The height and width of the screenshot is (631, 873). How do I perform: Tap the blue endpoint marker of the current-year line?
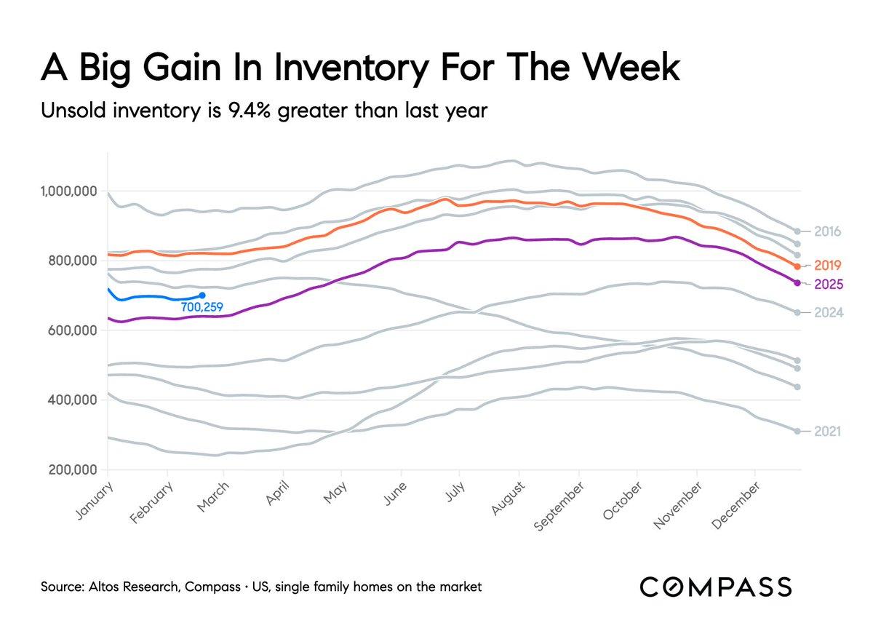202,295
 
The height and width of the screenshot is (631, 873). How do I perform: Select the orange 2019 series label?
828,265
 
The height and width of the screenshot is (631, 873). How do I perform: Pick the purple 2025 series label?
828,284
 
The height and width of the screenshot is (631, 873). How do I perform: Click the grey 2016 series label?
828,232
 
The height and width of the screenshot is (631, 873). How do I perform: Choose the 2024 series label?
828,313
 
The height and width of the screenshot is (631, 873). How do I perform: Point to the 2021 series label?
828,432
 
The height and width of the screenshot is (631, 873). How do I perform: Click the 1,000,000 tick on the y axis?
67,191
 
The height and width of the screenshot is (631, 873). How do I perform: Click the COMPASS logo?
716,587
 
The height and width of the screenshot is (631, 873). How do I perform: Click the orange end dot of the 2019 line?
797,266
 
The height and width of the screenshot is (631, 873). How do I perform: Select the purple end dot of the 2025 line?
797,282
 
